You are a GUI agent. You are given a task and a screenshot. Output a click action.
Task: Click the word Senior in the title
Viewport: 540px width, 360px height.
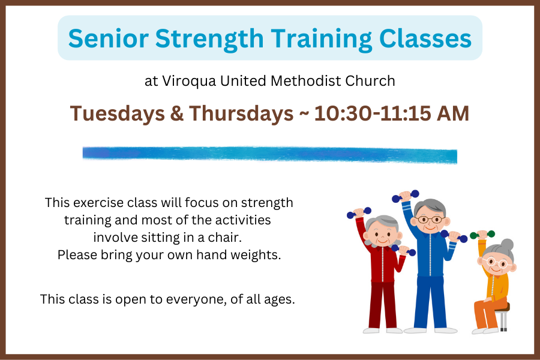point(109,38)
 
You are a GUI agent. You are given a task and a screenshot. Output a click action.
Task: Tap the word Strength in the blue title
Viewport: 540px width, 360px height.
point(209,39)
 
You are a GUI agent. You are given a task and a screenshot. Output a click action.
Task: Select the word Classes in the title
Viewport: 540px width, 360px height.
point(425,38)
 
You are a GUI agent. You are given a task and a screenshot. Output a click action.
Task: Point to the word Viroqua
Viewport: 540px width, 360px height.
point(189,82)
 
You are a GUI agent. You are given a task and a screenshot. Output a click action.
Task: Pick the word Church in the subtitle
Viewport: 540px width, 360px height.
point(370,81)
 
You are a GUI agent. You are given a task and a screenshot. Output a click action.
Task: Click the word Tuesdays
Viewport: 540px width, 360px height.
point(118,114)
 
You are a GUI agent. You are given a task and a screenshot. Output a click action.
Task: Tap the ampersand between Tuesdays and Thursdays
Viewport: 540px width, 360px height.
point(176,113)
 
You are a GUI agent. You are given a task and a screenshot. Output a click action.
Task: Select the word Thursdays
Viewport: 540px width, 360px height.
point(241,114)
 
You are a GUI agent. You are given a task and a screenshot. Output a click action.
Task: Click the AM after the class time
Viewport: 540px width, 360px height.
point(453,113)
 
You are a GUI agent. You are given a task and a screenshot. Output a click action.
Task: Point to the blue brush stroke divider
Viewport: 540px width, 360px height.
point(270,155)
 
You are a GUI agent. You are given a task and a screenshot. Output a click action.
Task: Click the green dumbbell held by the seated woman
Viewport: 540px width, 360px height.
point(482,235)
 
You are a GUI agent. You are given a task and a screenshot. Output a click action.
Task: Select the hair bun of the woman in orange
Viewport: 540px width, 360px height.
point(507,245)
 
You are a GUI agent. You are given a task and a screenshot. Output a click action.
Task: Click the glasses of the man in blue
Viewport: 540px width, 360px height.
point(430,219)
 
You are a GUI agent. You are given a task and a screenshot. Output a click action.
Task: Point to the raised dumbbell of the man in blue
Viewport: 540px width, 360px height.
point(406,196)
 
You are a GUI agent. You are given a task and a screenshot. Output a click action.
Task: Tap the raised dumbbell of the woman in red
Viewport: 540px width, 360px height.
point(359,212)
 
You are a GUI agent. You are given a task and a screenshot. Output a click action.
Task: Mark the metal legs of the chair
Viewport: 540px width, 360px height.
point(503,322)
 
